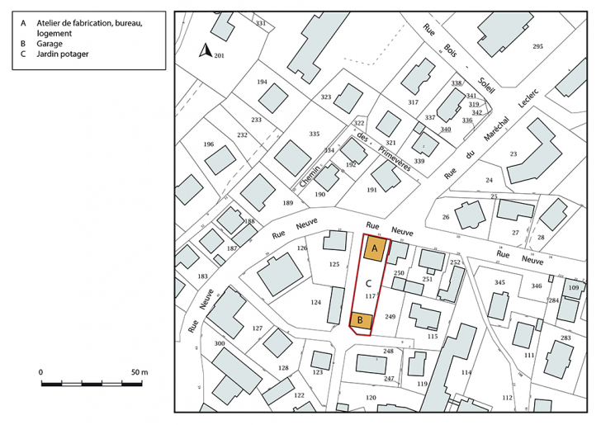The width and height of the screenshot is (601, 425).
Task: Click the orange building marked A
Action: point(374,248)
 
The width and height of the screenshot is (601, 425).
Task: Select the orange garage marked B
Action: point(361,320)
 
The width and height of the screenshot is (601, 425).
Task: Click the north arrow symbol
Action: point(206,52)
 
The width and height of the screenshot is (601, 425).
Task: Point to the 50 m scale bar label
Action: point(137,372)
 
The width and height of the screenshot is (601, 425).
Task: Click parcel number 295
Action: point(538,45)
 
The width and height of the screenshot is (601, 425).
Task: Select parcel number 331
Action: point(261,23)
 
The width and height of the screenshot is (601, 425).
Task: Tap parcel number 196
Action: point(208,144)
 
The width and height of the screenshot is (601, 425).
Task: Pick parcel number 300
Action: point(220,343)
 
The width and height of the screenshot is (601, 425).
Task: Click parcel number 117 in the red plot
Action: point(370,295)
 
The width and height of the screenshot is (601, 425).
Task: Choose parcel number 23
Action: point(513,153)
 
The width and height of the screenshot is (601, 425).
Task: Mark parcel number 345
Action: point(499,283)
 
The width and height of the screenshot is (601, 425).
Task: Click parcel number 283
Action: point(566,338)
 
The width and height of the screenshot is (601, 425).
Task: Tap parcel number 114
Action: point(466,372)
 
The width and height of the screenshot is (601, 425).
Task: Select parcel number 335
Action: point(314,134)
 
